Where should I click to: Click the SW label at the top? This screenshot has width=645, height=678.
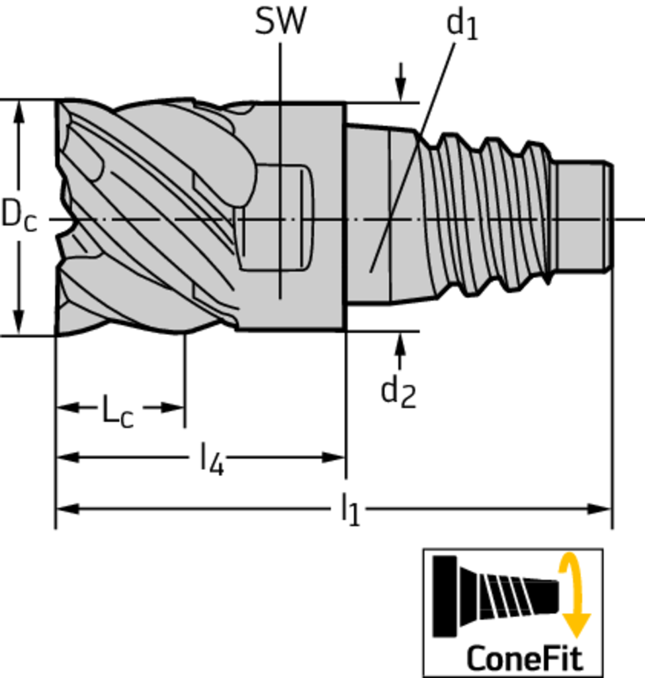(280, 21)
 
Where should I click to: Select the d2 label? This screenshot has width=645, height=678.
(398, 392)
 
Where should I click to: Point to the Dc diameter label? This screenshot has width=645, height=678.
(19, 216)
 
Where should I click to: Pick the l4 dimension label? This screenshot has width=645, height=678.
(212, 459)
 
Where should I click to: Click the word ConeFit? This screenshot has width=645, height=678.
(525, 658)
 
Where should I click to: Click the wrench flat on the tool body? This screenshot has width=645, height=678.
(275, 217)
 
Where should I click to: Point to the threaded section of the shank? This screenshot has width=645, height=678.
(486, 215)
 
